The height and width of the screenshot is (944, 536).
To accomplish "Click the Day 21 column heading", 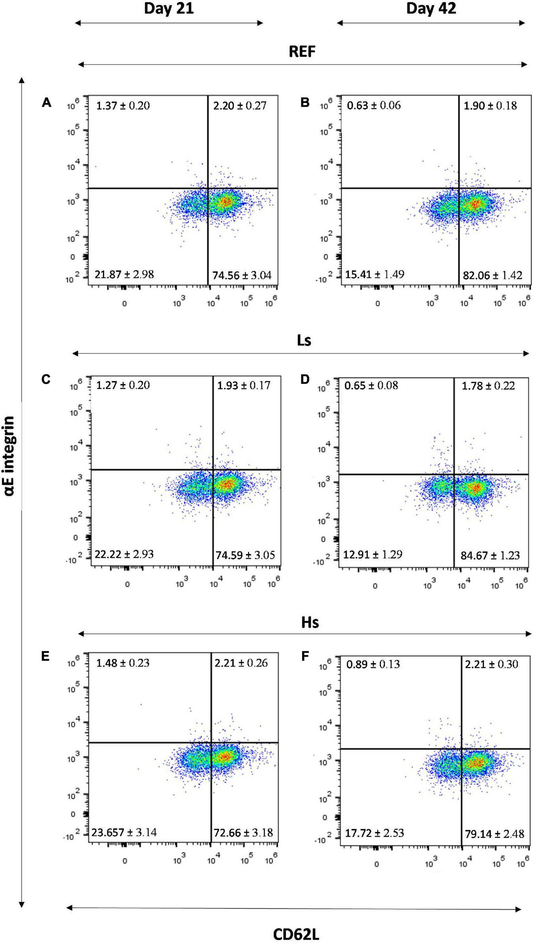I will tap(169, 8).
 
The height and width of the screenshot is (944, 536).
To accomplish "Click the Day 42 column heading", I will tap(431, 8).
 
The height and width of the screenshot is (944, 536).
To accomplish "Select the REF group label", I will tap(302, 52).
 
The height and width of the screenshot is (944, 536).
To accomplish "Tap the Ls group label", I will tap(304, 340).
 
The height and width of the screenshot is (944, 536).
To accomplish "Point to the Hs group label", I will tap(310, 622).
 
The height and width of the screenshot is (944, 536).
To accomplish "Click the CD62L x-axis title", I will tap(296, 934).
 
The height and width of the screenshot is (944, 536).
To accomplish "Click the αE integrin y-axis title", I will tap(10, 455).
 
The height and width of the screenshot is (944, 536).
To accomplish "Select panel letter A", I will tap(47, 103).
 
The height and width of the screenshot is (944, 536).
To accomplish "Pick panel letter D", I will tap(305, 379).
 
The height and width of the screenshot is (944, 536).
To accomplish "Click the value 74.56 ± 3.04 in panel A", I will tap(242, 275).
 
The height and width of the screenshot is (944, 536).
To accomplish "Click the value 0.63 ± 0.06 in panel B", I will tap(374, 105).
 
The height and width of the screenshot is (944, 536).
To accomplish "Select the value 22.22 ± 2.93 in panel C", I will tap(124, 554).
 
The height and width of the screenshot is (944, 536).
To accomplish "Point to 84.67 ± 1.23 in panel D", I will tap(490, 555).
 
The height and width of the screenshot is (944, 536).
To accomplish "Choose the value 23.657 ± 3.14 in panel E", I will tap(124, 832).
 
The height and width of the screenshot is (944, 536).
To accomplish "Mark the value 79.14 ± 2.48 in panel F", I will tap(494, 834).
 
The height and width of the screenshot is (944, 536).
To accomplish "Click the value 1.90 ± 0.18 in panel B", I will tap(490, 105).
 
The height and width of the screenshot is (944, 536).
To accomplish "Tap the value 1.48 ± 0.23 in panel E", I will tap(123, 662).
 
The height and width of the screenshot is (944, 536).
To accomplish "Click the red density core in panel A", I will tap(226, 202).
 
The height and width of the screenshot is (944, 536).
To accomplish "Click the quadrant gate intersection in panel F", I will tap(461, 749).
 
